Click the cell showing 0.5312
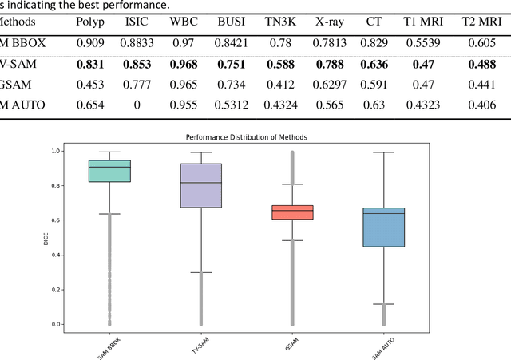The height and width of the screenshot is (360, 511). pos(232,104)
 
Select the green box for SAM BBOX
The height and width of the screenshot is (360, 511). pos(109,171)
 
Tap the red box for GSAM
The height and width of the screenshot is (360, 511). pos(292,212)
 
